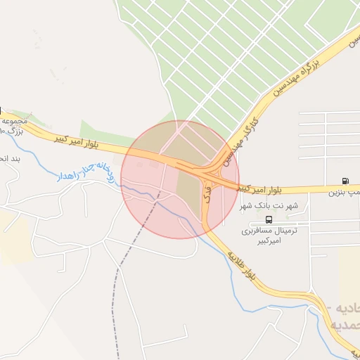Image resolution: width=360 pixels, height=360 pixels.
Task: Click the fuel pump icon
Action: (345, 181)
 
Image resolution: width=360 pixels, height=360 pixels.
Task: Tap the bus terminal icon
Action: (268, 219)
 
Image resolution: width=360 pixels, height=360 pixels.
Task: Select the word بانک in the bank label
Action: (269, 206)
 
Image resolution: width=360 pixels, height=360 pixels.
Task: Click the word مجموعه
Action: (15, 120)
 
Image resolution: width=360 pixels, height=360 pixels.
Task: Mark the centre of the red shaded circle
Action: (180, 179)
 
